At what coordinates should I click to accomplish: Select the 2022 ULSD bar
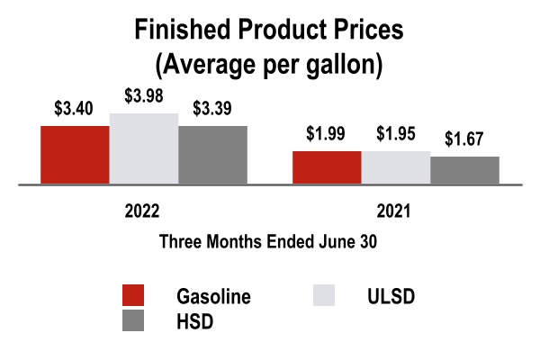tap(144, 148)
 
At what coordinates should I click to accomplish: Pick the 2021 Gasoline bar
tap(327, 167)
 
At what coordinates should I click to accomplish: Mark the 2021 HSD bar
tap(464, 170)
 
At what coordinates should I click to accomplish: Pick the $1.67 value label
tap(464, 141)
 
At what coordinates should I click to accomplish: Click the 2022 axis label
tap(142, 213)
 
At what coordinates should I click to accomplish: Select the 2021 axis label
tap(394, 213)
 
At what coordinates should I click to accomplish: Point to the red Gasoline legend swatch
tap(133, 296)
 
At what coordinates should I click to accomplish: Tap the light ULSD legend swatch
tap(322, 296)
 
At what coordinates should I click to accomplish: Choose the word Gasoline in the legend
tap(214, 296)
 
